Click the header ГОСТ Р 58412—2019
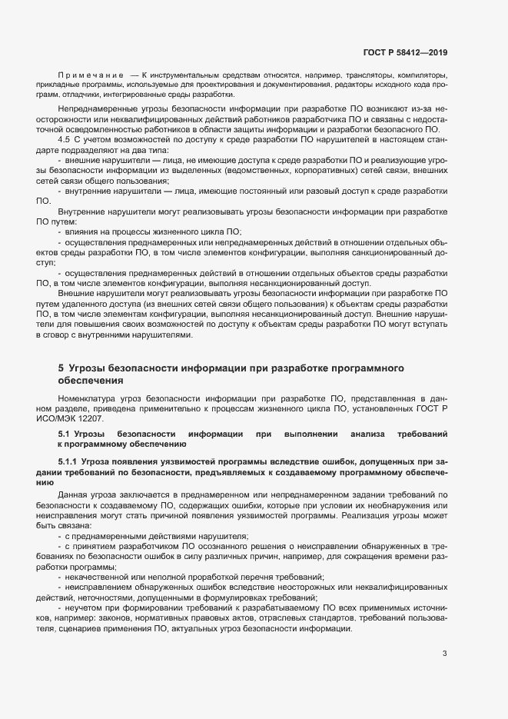(x=405, y=52)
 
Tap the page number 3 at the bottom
(x=444, y=654)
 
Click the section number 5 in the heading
(x=61, y=369)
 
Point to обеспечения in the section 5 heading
(x=89, y=381)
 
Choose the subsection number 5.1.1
(x=71, y=461)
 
